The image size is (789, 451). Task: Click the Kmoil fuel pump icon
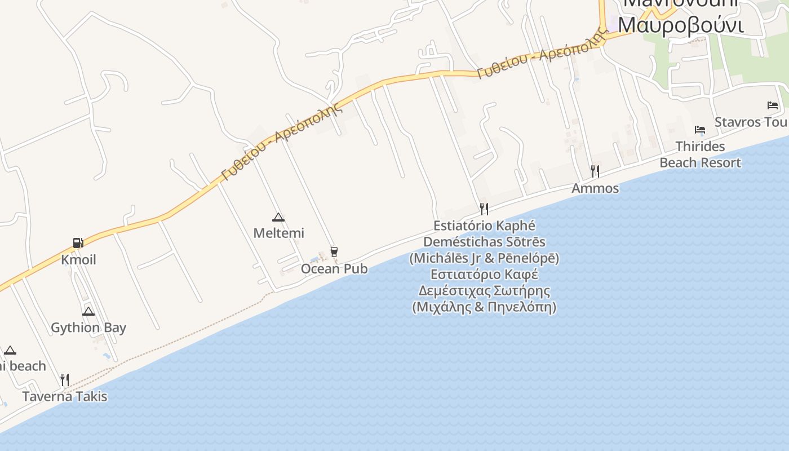click(x=78, y=243)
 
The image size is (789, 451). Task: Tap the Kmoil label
click(x=78, y=260)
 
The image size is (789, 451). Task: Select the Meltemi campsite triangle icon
click(x=278, y=217)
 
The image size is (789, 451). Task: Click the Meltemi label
click(x=278, y=233)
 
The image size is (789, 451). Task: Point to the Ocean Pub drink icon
click(x=334, y=252)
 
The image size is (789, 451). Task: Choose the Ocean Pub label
click(x=334, y=269)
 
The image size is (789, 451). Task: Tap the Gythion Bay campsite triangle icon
click(x=88, y=311)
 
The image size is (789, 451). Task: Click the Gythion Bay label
click(x=88, y=328)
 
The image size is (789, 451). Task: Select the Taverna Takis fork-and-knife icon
click(x=65, y=379)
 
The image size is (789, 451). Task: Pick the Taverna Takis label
click(x=65, y=396)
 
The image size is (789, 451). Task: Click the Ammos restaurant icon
click(x=595, y=171)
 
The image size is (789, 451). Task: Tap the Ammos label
click(x=595, y=188)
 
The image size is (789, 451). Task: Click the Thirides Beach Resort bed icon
click(x=700, y=130)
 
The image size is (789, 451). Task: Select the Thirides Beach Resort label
click(x=700, y=154)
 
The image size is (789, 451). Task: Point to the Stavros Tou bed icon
click(x=773, y=105)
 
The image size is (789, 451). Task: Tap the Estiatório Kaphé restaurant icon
click(x=484, y=209)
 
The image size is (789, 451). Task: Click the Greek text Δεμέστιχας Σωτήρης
click(x=484, y=291)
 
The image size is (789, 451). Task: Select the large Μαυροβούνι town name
click(x=681, y=24)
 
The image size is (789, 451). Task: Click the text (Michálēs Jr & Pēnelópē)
click(x=484, y=258)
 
